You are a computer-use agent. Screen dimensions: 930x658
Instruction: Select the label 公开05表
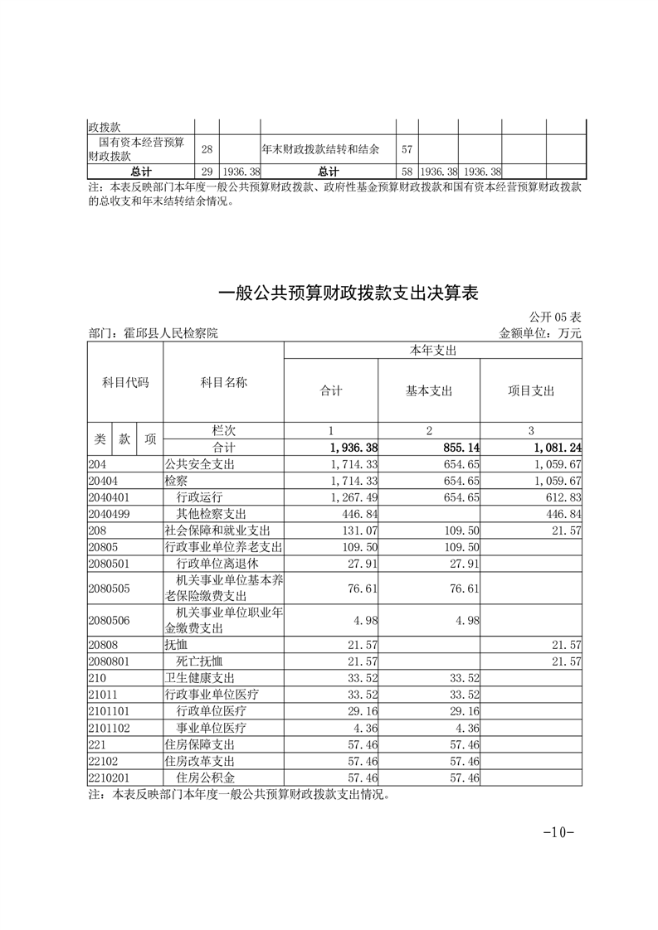click(554, 317)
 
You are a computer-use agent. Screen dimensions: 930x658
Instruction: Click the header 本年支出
click(433, 351)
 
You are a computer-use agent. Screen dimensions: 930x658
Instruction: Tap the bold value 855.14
click(459, 448)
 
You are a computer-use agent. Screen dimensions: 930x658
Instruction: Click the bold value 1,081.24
click(554, 448)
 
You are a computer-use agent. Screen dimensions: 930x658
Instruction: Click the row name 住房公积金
click(206, 777)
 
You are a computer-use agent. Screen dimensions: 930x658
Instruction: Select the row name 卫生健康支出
click(200, 677)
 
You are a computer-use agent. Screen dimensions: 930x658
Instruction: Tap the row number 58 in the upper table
click(407, 172)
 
